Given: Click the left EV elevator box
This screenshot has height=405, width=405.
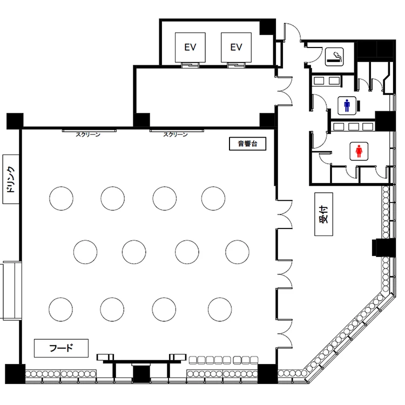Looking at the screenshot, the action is [x=190, y=48].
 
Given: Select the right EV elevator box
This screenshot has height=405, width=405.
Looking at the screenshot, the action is [x=236, y=48].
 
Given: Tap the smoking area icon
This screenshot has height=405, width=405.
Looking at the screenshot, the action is [x=334, y=57].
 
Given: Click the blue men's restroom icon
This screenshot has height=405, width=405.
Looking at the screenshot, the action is [x=347, y=106].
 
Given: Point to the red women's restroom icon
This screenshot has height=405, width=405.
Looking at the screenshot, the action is [x=359, y=151].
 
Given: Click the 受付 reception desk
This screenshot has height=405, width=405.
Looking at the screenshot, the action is [x=323, y=214].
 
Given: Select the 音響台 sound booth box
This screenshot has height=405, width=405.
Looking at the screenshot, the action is [x=247, y=144].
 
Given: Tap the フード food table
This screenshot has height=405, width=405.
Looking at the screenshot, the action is [x=61, y=348].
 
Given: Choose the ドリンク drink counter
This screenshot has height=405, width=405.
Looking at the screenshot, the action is [x=11, y=179].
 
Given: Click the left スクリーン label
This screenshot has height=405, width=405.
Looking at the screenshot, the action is [x=88, y=134].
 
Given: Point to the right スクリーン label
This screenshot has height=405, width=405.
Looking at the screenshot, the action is [x=175, y=134].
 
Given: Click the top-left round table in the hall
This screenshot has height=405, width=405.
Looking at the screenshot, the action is [x=61, y=198].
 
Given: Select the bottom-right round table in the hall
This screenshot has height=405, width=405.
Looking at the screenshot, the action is [x=220, y=309].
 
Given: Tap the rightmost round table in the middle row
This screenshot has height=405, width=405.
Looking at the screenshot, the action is [x=238, y=252].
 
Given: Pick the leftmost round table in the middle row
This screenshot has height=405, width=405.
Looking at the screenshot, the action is [x=85, y=252].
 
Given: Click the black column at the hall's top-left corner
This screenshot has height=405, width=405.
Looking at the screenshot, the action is [x=15, y=121].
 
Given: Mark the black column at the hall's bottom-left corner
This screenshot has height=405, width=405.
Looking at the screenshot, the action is [x=15, y=374].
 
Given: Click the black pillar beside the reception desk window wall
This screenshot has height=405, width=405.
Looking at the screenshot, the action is [x=384, y=248].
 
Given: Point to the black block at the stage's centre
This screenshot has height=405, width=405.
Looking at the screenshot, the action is [x=141, y=374].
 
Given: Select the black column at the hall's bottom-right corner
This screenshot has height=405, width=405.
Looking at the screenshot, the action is [x=268, y=374].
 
